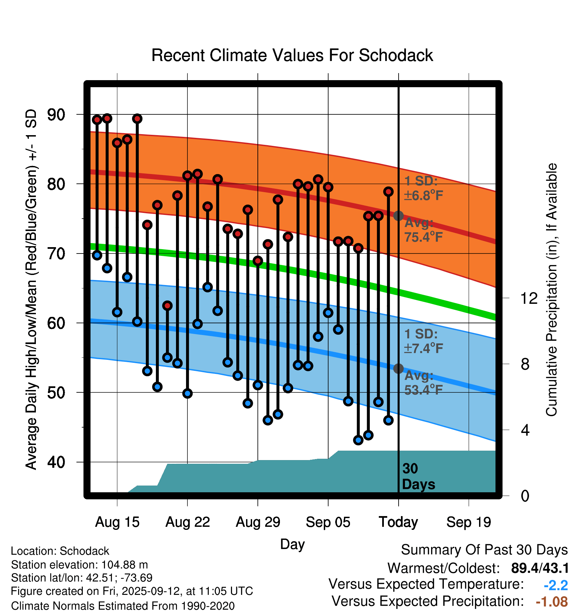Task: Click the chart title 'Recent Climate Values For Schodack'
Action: click(292, 55)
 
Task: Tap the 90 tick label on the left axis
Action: click(56, 115)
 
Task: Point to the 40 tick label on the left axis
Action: click(56, 462)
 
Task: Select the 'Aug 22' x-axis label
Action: click(187, 522)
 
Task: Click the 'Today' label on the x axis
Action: click(398, 522)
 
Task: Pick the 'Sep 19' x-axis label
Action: click(469, 522)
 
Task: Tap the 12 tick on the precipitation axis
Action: click(529, 298)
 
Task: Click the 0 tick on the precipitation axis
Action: click(525, 496)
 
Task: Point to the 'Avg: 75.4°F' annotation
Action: click(423, 230)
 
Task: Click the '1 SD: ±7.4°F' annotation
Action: click(423, 341)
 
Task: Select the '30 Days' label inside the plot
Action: click(418, 477)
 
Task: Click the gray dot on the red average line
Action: click(398, 216)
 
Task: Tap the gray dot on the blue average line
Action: click(398, 369)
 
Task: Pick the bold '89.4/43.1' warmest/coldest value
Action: click(540, 568)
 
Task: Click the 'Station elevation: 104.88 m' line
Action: click(79, 565)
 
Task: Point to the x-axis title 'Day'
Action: click(292, 544)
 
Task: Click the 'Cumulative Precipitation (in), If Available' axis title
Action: click(551, 290)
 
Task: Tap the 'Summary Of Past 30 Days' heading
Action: click(484, 550)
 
